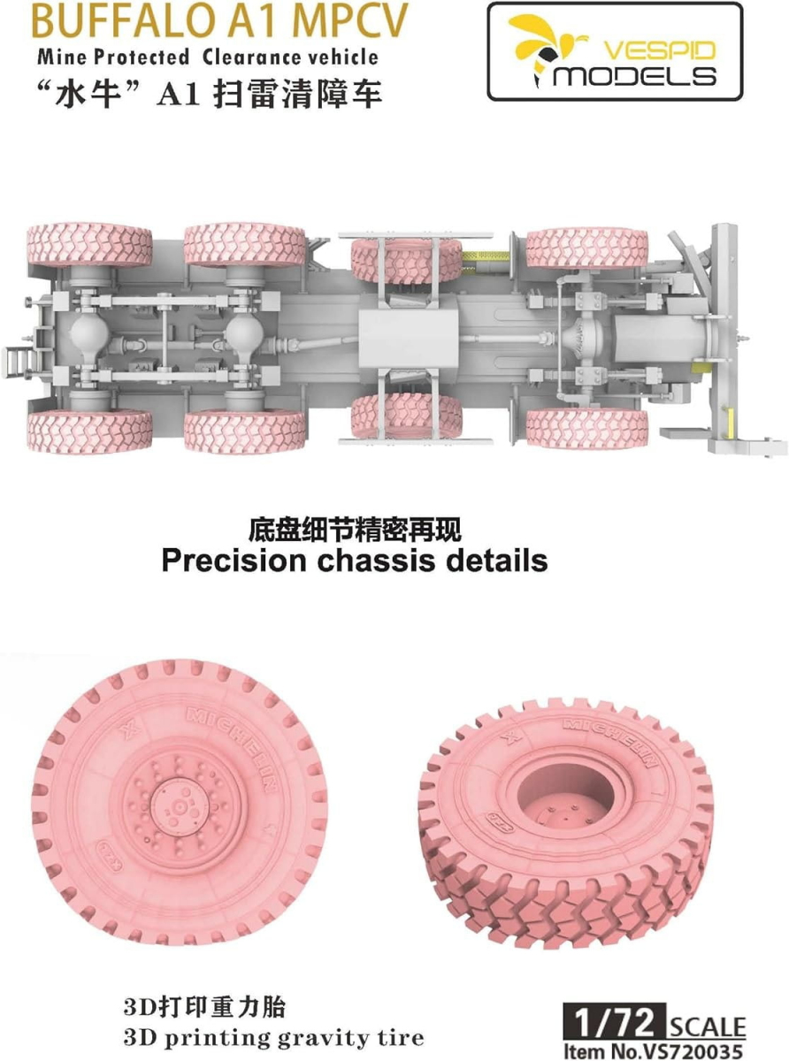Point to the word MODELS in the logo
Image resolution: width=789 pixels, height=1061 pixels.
634,77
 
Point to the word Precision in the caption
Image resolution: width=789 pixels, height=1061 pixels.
234,561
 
